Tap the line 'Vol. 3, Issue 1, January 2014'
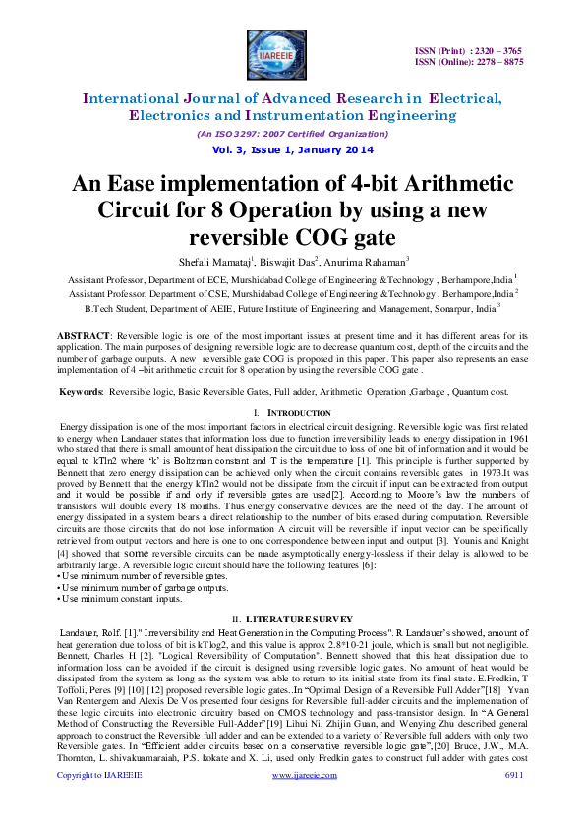(x=293, y=149)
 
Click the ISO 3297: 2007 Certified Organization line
(x=293, y=134)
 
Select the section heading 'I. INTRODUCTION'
(x=292, y=411)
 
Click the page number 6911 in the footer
(x=513, y=803)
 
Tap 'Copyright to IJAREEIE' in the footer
(x=98, y=803)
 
